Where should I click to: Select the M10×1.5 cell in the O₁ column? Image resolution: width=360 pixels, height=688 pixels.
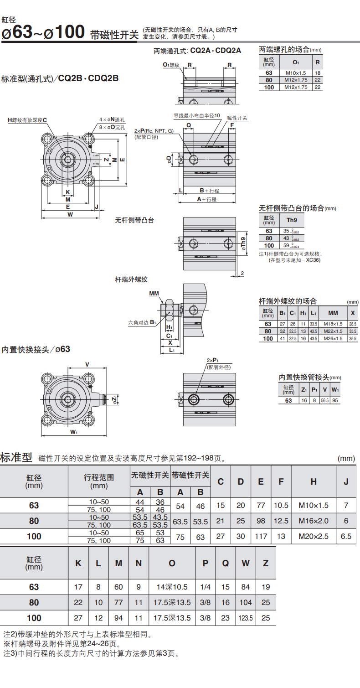296,73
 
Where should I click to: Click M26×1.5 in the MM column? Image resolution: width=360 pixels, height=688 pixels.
333,338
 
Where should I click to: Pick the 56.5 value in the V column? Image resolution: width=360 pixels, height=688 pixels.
324,400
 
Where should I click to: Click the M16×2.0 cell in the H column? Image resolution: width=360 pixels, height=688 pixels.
314,521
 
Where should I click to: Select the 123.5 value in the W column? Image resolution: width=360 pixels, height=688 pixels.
246,618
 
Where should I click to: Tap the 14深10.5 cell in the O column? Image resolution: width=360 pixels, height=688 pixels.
172,587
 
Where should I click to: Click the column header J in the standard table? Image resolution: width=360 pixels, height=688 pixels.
346,481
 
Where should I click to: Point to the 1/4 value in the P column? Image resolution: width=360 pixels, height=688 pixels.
206,587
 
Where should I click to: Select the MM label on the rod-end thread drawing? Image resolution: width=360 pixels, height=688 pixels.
154,294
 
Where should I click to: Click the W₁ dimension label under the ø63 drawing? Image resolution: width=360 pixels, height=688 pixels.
74,432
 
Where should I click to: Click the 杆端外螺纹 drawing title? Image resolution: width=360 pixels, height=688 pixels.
131,279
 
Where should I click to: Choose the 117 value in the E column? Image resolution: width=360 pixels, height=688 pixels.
261,536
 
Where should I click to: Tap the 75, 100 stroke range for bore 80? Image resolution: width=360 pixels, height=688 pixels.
99,525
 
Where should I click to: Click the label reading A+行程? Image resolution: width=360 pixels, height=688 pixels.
207,199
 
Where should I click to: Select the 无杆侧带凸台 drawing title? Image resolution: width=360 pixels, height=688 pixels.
134,220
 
